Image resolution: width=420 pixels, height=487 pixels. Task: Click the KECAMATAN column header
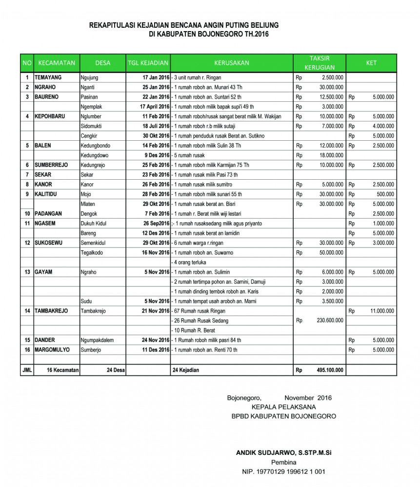pyautogui.click(x=57, y=63)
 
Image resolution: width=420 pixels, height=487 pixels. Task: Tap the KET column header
pyautogui.click(x=371, y=63)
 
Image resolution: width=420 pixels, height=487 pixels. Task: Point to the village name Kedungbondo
pyautogui.click(x=96, y=146)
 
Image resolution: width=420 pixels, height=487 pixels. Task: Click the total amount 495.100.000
pyautogui.click(x=330, y=370)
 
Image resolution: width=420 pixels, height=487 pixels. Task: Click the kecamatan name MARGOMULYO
pyautogui.click(x=52, y=350)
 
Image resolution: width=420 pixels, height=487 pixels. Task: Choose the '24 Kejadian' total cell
pyautogui.click(x=186, y=370)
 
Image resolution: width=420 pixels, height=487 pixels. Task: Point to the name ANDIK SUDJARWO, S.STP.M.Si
pyautogui.click(x=283, y=452)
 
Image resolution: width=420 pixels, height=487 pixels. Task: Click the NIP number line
pyautogui.click(x=283, y=471)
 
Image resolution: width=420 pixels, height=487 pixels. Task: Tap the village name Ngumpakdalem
pyautogui.click(x=97, y=340)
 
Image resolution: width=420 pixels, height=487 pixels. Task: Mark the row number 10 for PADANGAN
pyautogui.click(x=27, y=214)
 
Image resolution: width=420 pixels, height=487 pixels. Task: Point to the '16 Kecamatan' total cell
pyautogui.click(x=63, y=370)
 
